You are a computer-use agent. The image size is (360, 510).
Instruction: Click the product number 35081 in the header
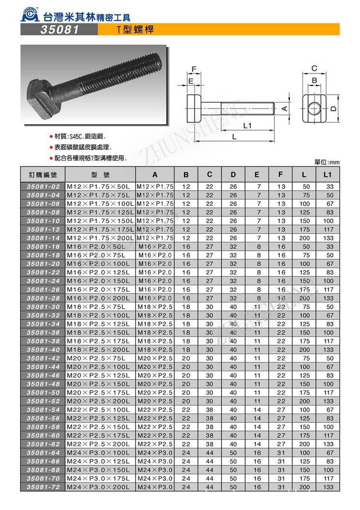point(59,30)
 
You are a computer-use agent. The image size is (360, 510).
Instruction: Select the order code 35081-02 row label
point(43,186)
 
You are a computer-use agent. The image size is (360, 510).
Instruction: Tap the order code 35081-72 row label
point(43,487)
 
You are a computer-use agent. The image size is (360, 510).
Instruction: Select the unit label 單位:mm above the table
point(327,162)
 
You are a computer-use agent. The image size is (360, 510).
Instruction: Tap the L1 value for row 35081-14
point(327,238)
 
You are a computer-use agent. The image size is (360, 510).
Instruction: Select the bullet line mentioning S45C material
point(80,136)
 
